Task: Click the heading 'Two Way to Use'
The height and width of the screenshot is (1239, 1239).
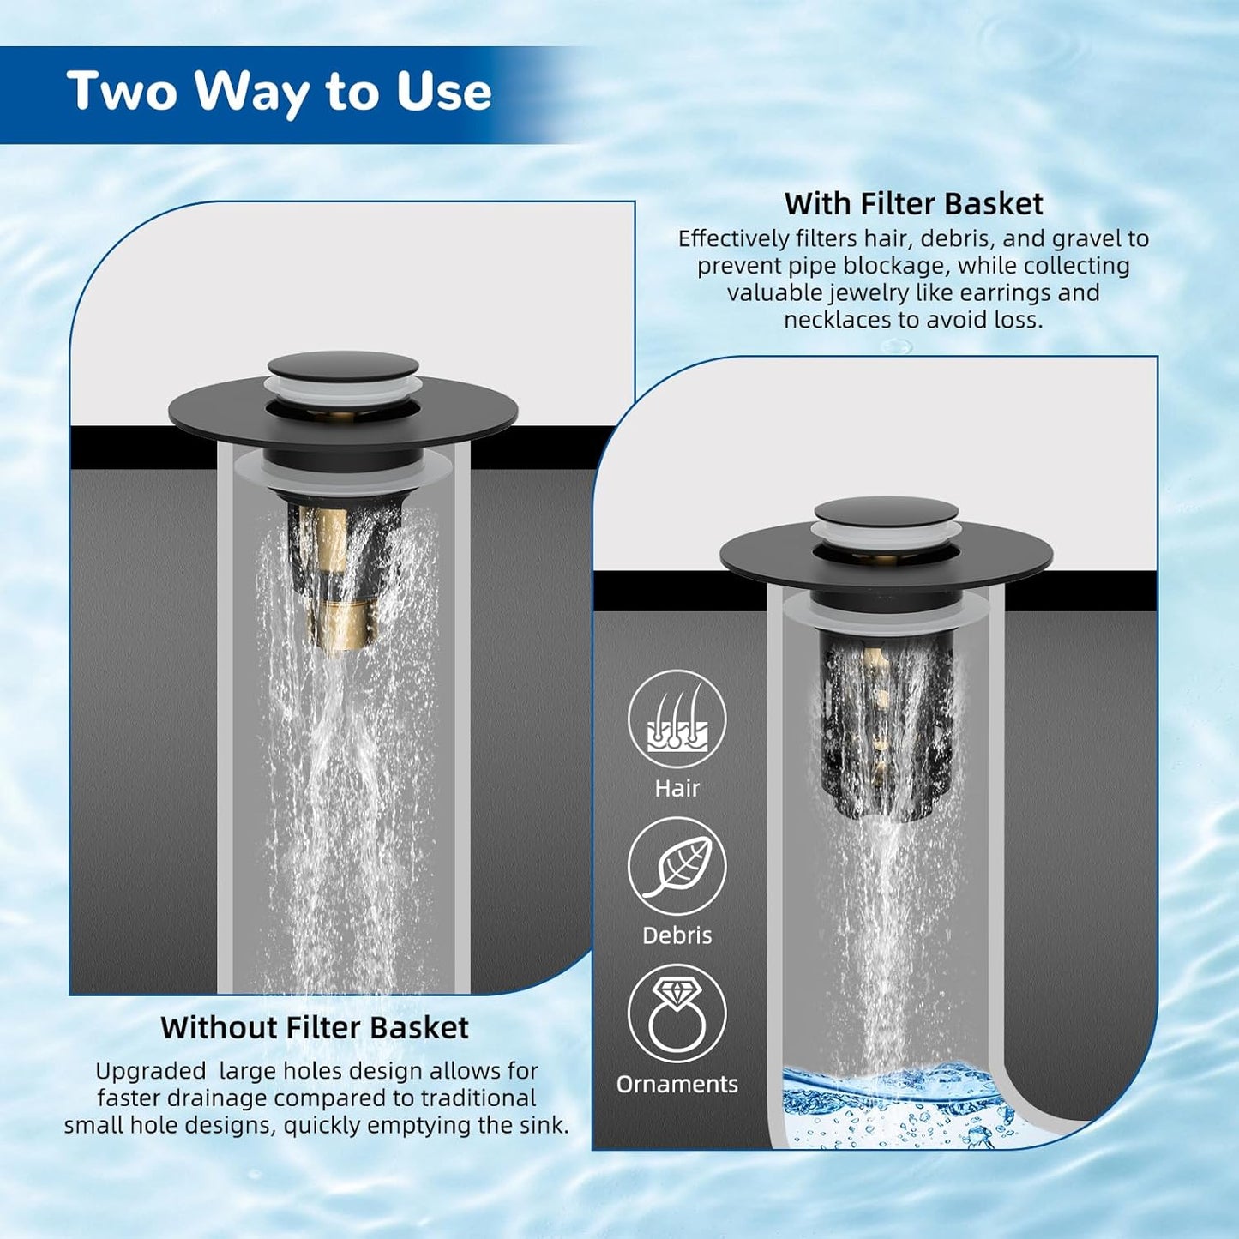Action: click(279, 92)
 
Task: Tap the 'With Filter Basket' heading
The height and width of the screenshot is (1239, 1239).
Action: click(913, 204)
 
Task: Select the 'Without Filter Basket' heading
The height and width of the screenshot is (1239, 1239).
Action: click(315, 1027)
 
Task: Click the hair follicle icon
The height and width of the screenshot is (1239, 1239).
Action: click(677, 719)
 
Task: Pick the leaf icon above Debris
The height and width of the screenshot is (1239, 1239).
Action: click(677, 867)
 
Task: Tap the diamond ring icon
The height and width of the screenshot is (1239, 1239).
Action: click(677, 1013)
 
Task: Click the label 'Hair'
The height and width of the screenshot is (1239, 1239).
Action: click(677, 788)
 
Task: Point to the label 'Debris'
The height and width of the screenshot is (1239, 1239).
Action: click(677, 935)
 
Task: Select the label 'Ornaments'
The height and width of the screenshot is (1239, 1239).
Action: click(677, 1084)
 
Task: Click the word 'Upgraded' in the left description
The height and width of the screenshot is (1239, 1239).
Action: click(150, 1071)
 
